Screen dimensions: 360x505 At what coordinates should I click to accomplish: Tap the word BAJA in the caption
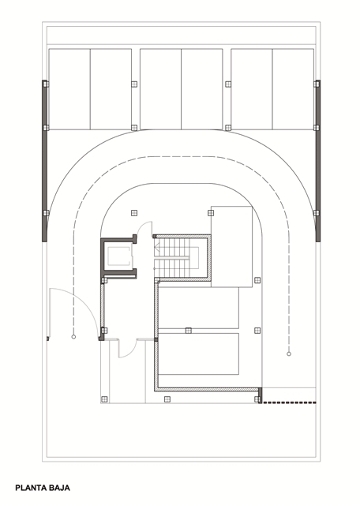(x=60, y=488)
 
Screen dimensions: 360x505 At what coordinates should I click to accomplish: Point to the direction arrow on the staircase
(x=157, y=247)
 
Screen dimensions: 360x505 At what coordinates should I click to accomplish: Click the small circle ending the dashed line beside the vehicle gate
(x=73, y=337)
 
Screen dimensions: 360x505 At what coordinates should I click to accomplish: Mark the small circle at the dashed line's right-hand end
(x=289, y=354)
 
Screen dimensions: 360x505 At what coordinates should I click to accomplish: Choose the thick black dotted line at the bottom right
(x=289, y=402)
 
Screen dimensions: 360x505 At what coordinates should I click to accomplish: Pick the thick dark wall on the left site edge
(x=44, y=161)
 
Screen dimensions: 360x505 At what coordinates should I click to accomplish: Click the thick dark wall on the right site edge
(x=318, y=161)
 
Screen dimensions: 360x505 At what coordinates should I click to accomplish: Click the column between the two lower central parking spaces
(x=188, y=331)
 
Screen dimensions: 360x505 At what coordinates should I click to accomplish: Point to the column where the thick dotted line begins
(x=257, y=400)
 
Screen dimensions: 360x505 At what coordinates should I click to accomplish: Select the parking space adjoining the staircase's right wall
(x=231, y=246)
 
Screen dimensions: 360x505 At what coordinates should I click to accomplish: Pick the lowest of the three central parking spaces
(x=198, y=354)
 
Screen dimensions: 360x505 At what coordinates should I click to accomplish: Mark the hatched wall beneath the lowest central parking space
(x=208, y=389)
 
